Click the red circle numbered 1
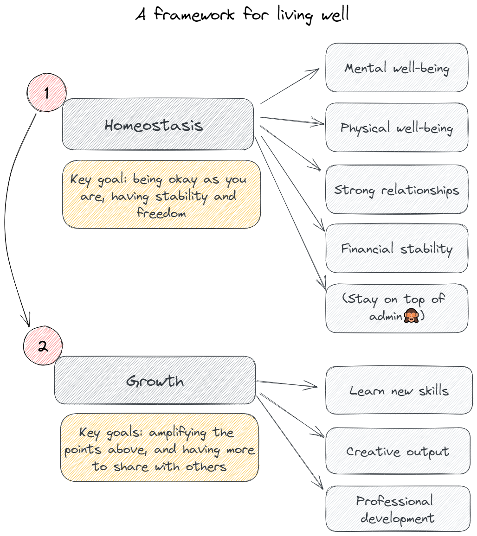click(x=46, y=93)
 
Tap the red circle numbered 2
click(x=43, y=346)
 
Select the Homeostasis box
click(x=158, y=124)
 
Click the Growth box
click(x=155, y=381)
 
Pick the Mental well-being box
click(x=397, y=68)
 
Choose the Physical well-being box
click(x=397, y=128)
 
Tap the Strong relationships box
click(x=397, y=190)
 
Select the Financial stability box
click(x=397, y=249)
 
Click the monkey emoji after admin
click(x=412, y=317)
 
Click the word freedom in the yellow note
click(x=161, y=213)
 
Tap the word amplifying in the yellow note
click(x=176, y=433)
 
